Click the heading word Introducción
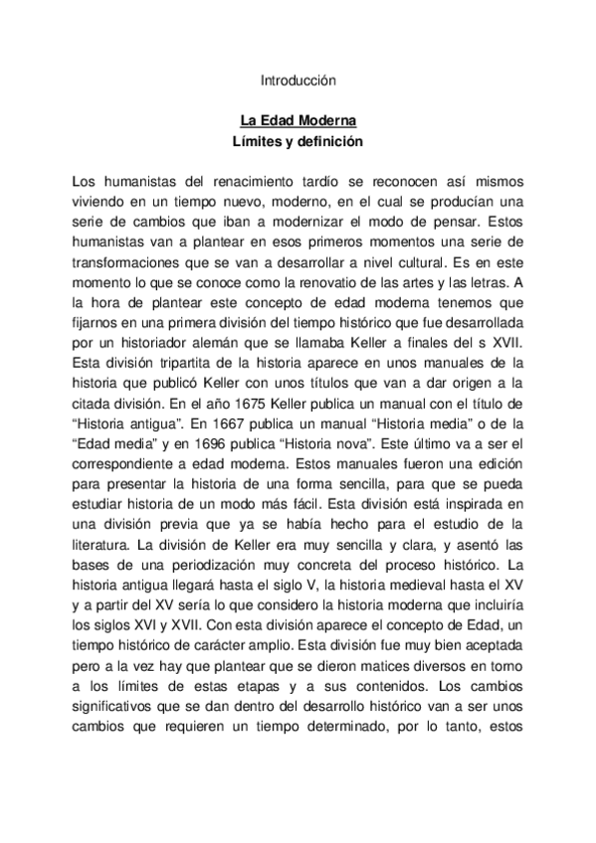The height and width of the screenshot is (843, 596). [x=298, y=79]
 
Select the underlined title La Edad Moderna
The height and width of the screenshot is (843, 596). [x=298, y=119]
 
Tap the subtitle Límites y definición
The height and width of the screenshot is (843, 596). [x=298, y=141]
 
